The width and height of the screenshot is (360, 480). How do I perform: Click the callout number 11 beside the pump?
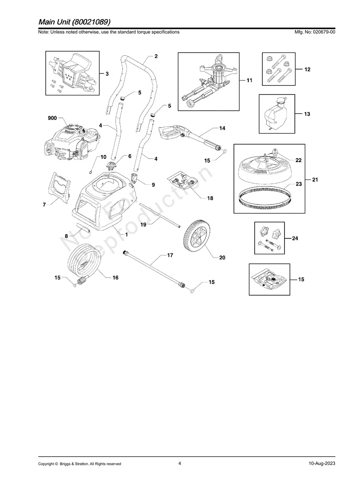pos(250,81)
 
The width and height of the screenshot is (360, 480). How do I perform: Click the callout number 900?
pos(52,118)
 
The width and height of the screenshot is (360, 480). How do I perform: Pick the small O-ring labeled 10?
pos(91,172)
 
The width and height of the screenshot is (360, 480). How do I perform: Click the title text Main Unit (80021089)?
pos(74,21)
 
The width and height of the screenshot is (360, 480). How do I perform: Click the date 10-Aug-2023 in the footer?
pos(321,463)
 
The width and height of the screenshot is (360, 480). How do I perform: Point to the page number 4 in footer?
pos(180,463)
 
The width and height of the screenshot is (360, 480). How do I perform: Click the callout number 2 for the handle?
pos(156,56)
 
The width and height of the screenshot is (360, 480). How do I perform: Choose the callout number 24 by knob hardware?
pos(295,238)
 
